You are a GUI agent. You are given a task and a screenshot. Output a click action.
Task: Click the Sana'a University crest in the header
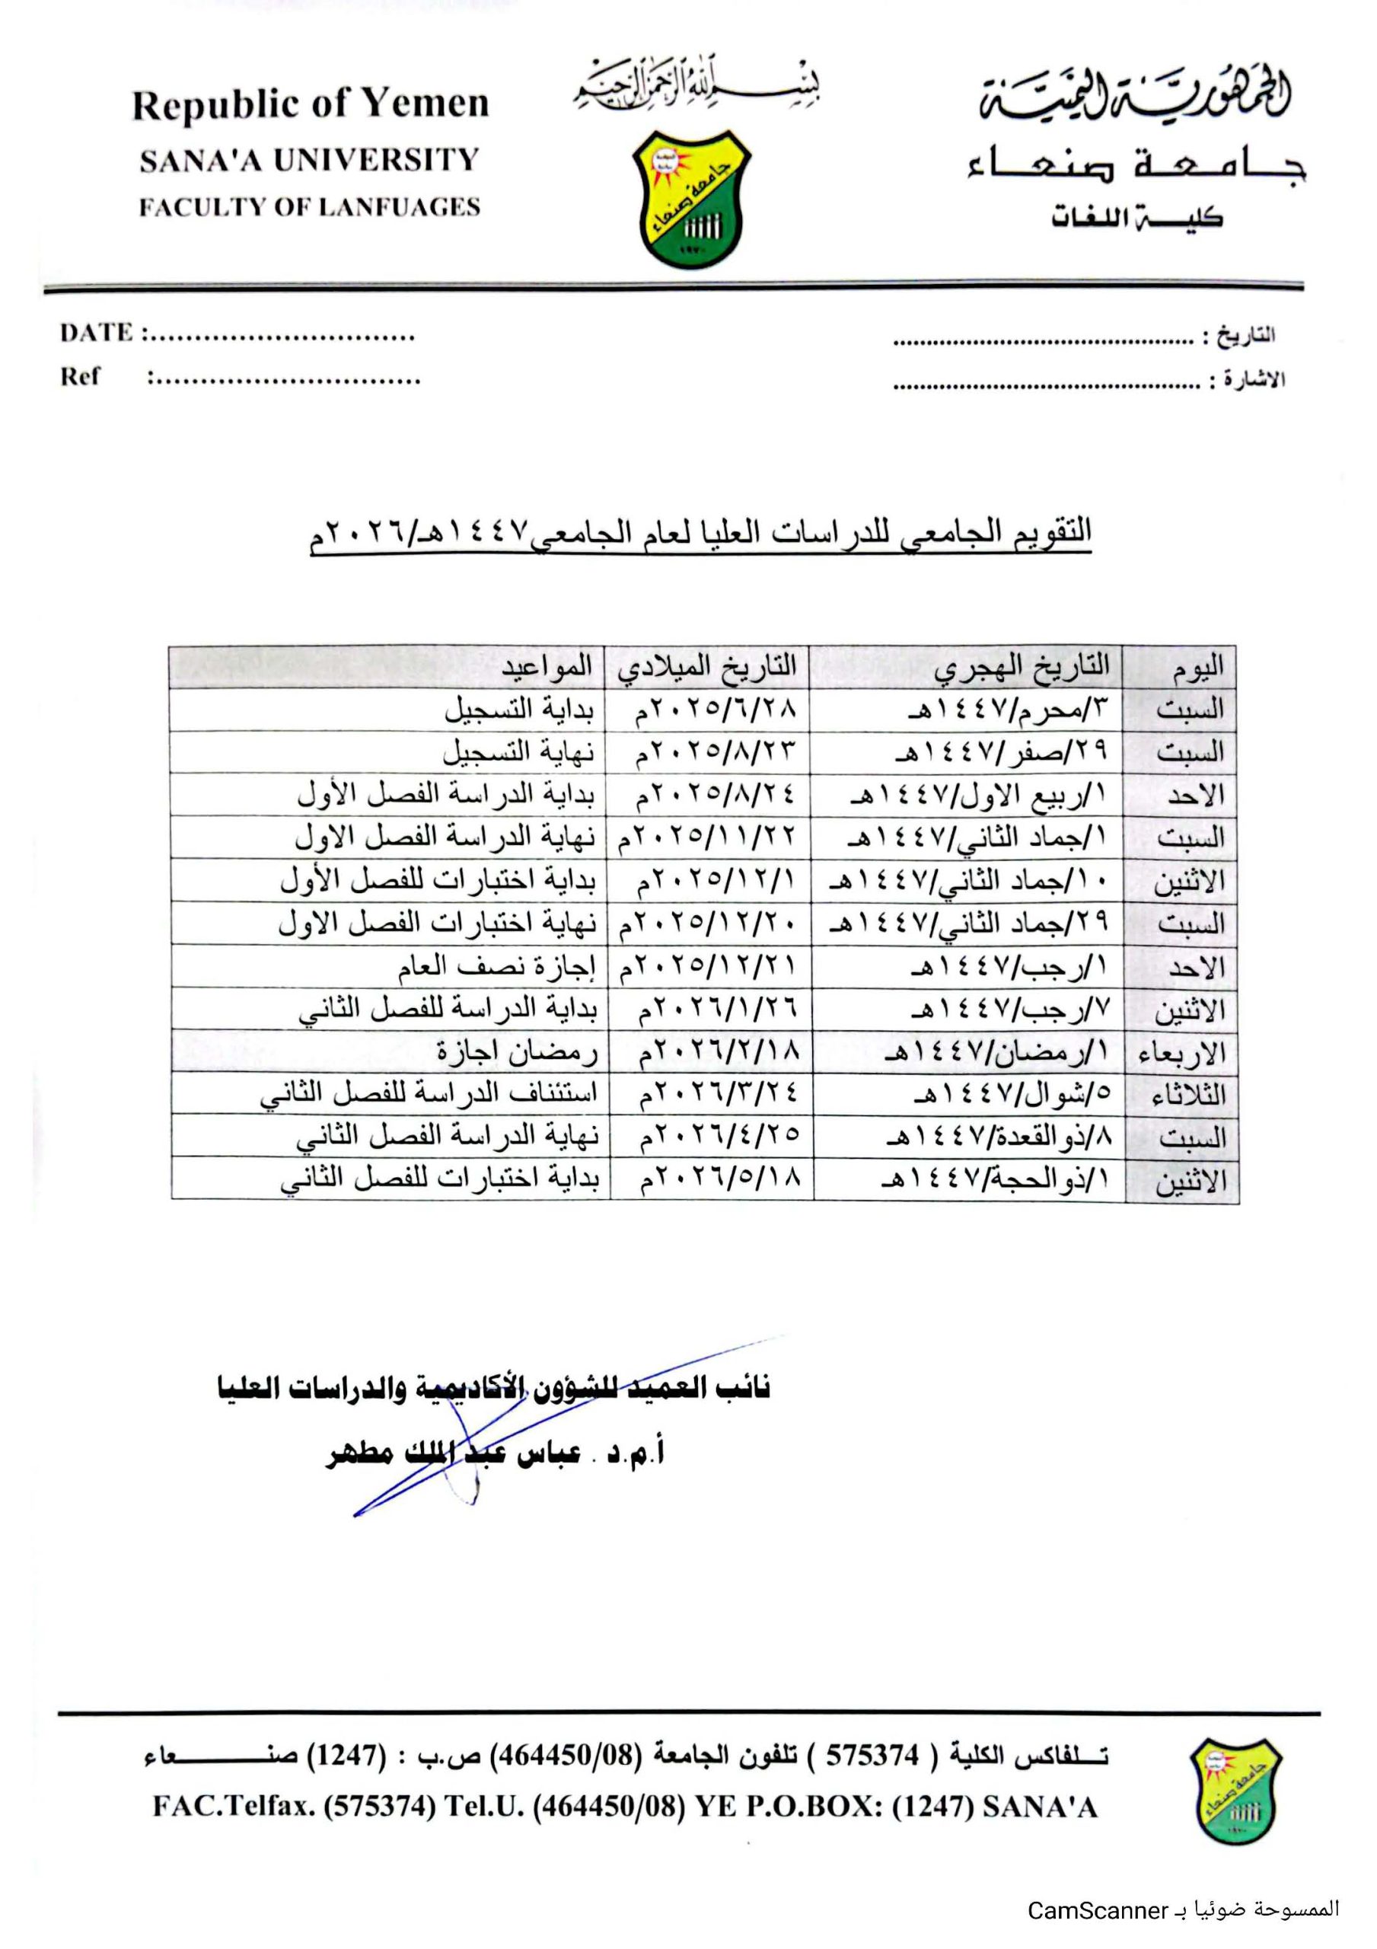point(692,200)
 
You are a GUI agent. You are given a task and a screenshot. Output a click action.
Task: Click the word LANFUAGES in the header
point(412,207)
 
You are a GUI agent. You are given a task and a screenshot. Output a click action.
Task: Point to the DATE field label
point(96,332)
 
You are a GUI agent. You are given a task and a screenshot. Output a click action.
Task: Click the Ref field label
point(80,376)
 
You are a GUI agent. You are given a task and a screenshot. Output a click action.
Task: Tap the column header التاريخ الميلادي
point(707,666)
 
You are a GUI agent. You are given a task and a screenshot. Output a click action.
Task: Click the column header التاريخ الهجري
point(1022,667)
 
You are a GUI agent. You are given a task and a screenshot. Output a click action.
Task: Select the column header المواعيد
point(546,666)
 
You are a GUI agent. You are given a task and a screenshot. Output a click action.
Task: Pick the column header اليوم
point(1197,668)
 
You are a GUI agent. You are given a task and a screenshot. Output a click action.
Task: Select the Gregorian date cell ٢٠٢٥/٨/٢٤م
point(715,795)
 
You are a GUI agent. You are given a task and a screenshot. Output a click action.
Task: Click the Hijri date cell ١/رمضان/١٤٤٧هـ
point(996,1053)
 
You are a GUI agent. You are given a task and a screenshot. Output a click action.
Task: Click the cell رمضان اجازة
point(517,1053)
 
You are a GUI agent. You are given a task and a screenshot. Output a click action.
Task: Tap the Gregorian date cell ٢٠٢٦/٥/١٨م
point(720,1181)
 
